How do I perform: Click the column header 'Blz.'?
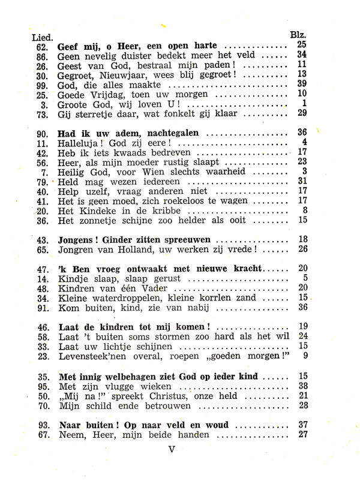point(298,35)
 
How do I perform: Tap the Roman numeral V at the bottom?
point(172,449)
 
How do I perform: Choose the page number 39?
point(302,83)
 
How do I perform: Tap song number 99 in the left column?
point(42,85)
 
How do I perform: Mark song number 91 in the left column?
point(42,308)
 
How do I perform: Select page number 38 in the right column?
point(302,386)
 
